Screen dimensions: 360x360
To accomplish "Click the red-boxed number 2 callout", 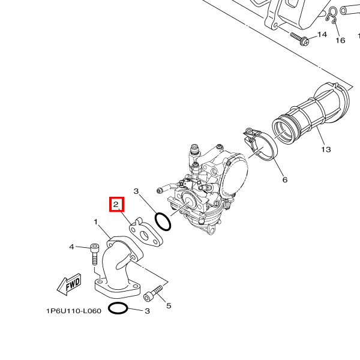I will click(116, 205).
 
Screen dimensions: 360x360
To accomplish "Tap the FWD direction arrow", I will click(69, 283).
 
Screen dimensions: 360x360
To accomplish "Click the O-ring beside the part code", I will click(118, 309).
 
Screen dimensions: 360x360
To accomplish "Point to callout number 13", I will click(326, 149).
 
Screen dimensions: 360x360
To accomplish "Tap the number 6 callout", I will click(284, 179).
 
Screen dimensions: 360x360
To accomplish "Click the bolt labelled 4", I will click(95, 254).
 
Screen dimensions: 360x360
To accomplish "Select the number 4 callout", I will click(71, 247).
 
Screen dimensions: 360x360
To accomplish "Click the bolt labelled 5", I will click(154, 293).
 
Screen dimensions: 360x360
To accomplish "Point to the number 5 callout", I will click(169, 306).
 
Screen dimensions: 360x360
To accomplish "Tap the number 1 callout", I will click(95, 222).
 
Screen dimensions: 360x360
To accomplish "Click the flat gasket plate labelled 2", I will click(146, 236).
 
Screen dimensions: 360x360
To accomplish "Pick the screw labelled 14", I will click(300, 38).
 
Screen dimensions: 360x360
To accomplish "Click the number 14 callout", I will click(322, 35).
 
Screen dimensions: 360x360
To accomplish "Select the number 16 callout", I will click(340, 41).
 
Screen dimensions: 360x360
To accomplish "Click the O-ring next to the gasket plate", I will click(163, 222).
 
